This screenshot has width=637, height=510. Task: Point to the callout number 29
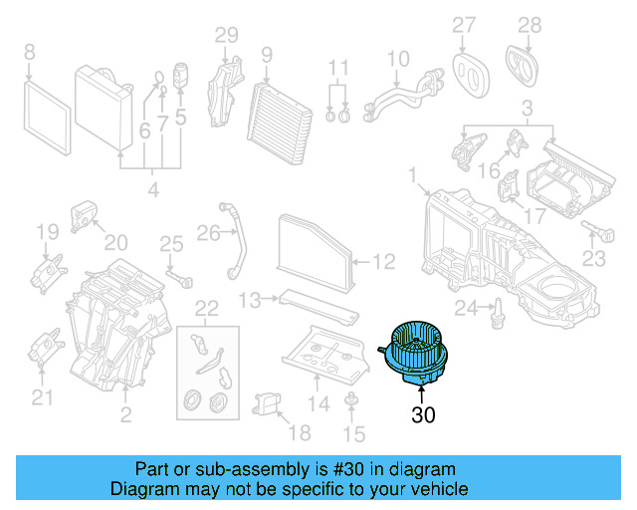coord(227,36)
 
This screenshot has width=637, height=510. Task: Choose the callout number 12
coord(383,263)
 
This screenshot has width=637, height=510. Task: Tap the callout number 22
coord(205,308)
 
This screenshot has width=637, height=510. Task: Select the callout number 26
coord(206,233)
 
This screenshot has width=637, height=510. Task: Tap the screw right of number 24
coord(496,310)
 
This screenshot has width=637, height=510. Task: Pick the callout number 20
coord(116,242)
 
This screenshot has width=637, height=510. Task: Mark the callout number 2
coord(125,414)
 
